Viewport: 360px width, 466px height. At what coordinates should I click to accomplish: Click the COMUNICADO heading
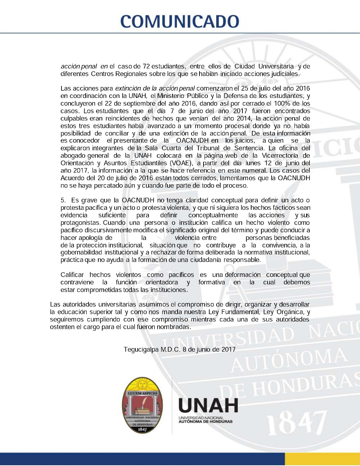tap(180, 21)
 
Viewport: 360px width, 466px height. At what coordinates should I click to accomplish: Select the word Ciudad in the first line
tap(245, 66)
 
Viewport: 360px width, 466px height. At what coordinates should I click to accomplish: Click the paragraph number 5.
tap(63, 200)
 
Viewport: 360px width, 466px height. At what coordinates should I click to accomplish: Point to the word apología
tap(95, 238)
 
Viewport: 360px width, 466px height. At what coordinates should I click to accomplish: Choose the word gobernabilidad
tap(81, 252)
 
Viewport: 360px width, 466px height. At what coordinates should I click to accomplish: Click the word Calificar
tap(72, 275)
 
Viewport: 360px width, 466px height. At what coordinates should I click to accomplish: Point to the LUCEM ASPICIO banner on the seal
tap(142, 394)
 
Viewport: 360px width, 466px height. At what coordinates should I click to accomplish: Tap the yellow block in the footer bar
tap(322, 459)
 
